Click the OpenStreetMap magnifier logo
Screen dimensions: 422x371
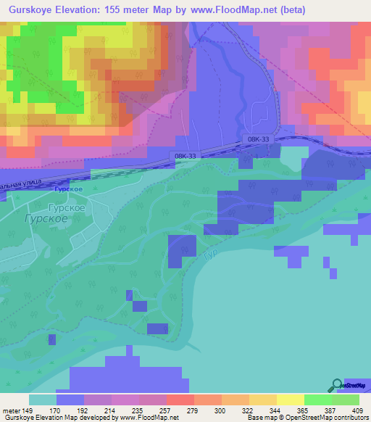pos(337,386)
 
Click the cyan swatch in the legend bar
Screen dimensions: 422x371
pos(43,399)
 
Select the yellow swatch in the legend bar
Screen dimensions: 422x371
pos(290,399)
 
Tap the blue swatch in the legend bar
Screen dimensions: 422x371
pos(70,399)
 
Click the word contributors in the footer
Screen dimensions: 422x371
pos(351,418)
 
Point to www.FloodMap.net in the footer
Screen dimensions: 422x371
pos(144,418)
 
